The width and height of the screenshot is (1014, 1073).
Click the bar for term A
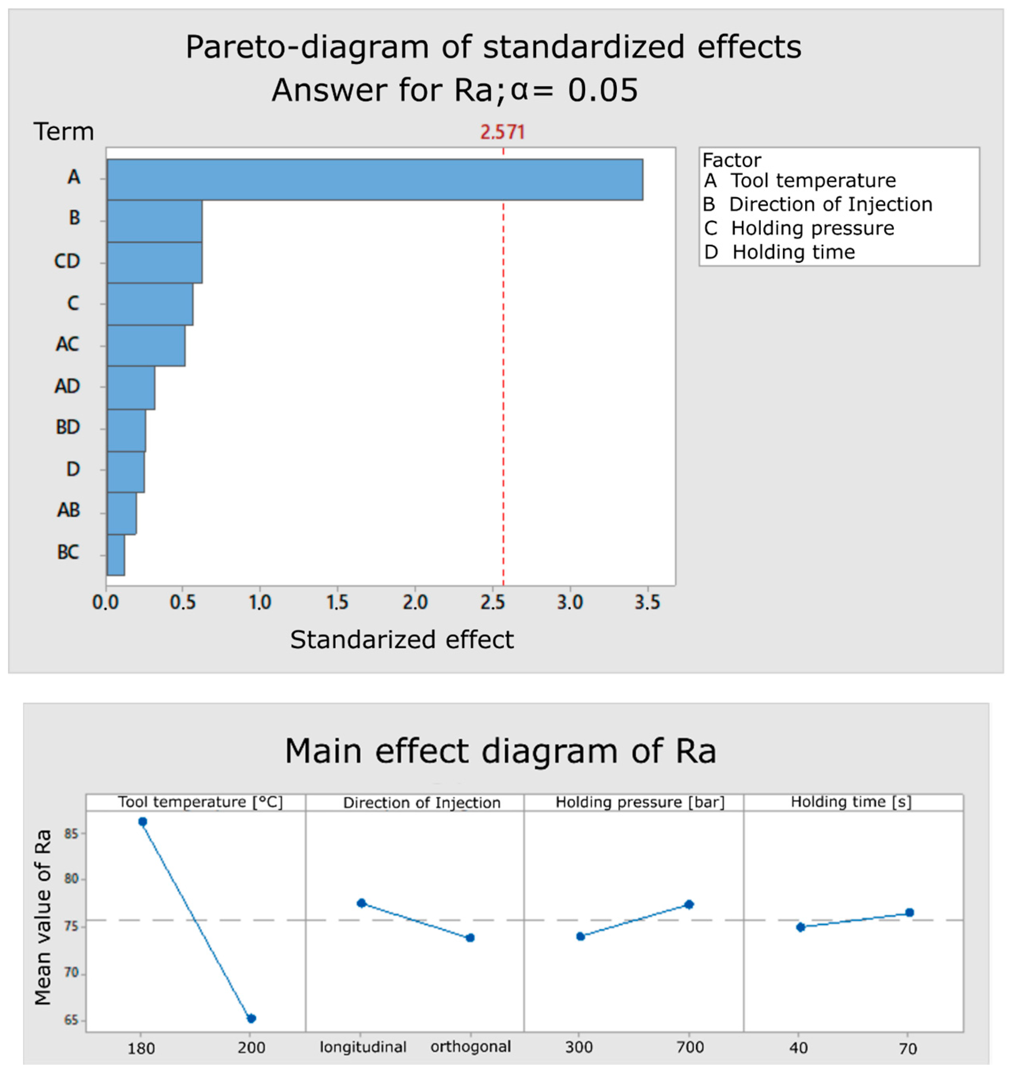375,180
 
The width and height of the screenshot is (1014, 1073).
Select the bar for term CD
155,263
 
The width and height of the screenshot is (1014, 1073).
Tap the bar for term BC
116,555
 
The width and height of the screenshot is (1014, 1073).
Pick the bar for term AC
146,346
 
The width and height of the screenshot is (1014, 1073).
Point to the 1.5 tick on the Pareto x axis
337,602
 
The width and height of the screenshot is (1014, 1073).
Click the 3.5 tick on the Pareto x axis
647,602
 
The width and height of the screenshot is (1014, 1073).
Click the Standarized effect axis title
402,640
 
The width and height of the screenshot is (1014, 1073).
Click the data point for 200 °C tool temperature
251,1018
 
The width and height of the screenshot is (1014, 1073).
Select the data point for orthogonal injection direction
470,938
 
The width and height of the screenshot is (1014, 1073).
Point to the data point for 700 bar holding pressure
689,904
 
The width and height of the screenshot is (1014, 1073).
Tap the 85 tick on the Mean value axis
71,834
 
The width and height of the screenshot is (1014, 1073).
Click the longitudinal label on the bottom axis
363,1047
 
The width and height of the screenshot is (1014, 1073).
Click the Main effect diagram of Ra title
500,751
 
